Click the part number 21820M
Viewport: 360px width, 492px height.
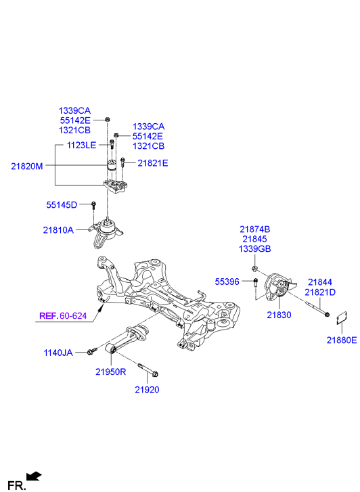tap(26, 164)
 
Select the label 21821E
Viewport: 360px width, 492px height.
tap(153, 163)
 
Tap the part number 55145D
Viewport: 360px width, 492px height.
tap(62, 204)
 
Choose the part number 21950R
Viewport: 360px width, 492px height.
tap(111, 372)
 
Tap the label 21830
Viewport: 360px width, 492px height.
tap(278, 315)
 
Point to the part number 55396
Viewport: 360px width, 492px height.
tap(227, 281)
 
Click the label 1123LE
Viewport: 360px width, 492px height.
tap(82, 145)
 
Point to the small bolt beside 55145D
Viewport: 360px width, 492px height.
tap(95, 205)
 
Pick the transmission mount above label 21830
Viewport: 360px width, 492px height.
tap(278, 288)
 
